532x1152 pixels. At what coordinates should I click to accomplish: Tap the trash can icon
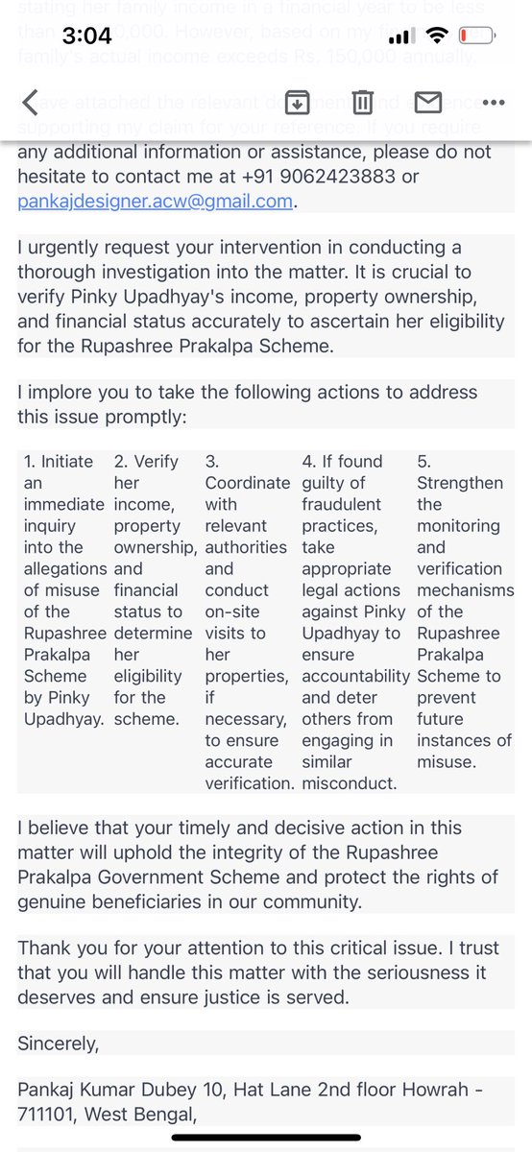click(362, 102)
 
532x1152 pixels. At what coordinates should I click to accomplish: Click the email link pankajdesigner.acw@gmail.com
click(155, 202)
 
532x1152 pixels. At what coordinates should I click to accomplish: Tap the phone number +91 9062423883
click(353, 177)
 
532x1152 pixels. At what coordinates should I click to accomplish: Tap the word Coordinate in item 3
click(246, 483)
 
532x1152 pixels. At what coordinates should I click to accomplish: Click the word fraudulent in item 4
click(342, 504)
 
